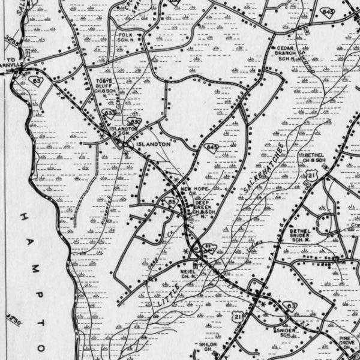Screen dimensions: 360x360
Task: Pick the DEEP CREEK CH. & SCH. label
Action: (x=204, y=207)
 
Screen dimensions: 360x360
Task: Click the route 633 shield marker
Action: (x=110, y=112)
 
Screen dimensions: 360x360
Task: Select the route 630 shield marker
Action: (x=135, y=122)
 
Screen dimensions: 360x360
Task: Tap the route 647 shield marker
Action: (x=208, y=248)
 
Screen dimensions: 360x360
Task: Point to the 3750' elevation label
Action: (x=13, y=318)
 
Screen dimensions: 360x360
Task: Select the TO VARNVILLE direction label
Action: (x=13, y=62)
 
